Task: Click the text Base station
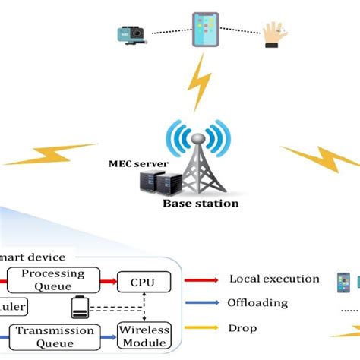[x=201, y=204]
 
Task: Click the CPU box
[x=139, y=281]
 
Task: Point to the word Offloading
[x=257, y=303]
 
